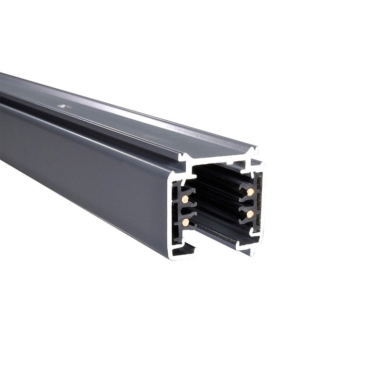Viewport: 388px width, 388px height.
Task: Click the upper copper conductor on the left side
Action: pyautogui.click(x=185, y=199)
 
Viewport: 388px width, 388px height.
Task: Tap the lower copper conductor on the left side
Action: pyautogui.click(x=185, y=222)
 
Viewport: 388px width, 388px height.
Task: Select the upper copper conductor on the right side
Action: pyautogui.click(x=250, y=192)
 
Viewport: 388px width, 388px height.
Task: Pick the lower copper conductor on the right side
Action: pyautogui.click(x=250, y=213)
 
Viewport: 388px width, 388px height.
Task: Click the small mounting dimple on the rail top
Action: pyautogui.click(x=64, y=104)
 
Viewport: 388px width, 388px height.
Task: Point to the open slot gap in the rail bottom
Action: pyautogui.click(x=216, y=247)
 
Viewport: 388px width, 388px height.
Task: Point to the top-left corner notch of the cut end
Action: pyautogui.click(x=183, y=158)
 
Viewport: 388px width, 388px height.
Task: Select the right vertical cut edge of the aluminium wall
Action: pyautogui.click(x=262, y=204)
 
